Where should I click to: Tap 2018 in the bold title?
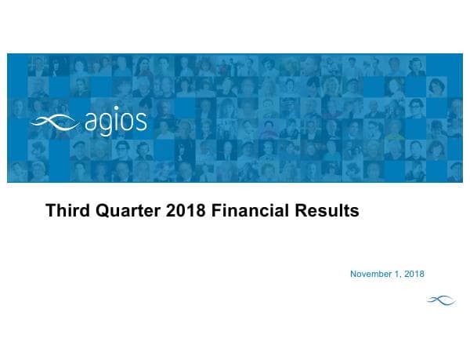click(183, 211)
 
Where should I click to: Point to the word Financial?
click(251, 211)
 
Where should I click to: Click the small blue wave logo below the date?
click(440, 299)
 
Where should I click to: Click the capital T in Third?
click(51, 211)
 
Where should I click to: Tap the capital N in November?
click(353, 274)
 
